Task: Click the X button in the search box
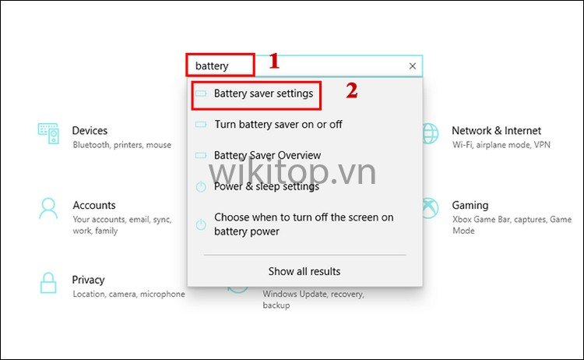(x=412, y=66)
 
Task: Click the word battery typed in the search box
(x=212, y=66)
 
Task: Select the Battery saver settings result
(x=263, y=94)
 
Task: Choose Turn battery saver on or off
(x=278, y=124)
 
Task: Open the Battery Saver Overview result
(x=267, y=155)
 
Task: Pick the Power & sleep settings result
(x=266, y=186)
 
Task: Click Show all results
(x=304, y=271)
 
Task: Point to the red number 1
(x=274, y=61)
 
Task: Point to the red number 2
(x=352, y=90)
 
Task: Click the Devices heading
(x=90, y=130)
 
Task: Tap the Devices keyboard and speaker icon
(x=48, y=133)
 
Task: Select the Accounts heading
(x=94, y=205)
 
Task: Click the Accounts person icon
(x=48, y=208)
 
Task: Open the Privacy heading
(x=88, y=280)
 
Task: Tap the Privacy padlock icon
(x=48, y=283)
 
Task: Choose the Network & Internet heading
(x=496, y=130)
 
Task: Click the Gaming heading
(x=470, y=206)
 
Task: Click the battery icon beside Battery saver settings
(x=201, y=94)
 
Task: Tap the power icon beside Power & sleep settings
(x=201, y=186)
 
